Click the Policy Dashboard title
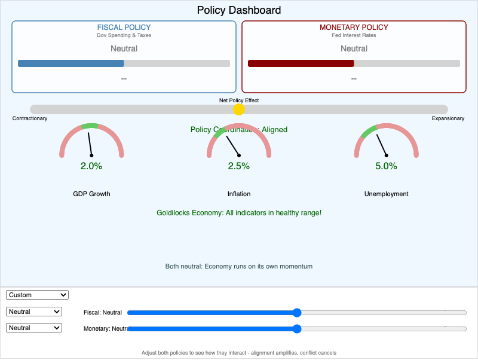click(x=239, y=10)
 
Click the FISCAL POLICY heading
click(x=124, y=28)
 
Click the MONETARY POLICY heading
click(x=354, y=28)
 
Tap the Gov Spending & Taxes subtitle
click(x=124, y=35)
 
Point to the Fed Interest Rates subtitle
click(x=354, y=35)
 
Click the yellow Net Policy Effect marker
click(x=239, y=109)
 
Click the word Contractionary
click(x=30, y=118)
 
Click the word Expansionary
click(x=448, y=118)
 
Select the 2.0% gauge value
click(x=91, y=166)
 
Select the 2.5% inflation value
click(x=239, y=166)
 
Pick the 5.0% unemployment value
click(x=386, y=166)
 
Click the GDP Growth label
click(x=91, y=194)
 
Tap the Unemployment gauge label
click(x=386, y=194)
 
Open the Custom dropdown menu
click(x=38, y=295)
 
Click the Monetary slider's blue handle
click(x=297, y=328)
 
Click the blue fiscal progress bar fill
click(x=71, y=63)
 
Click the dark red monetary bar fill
click(x=301, y=63)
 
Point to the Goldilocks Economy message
click(x=239, y=213)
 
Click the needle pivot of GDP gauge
click(x=91, y=155)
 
